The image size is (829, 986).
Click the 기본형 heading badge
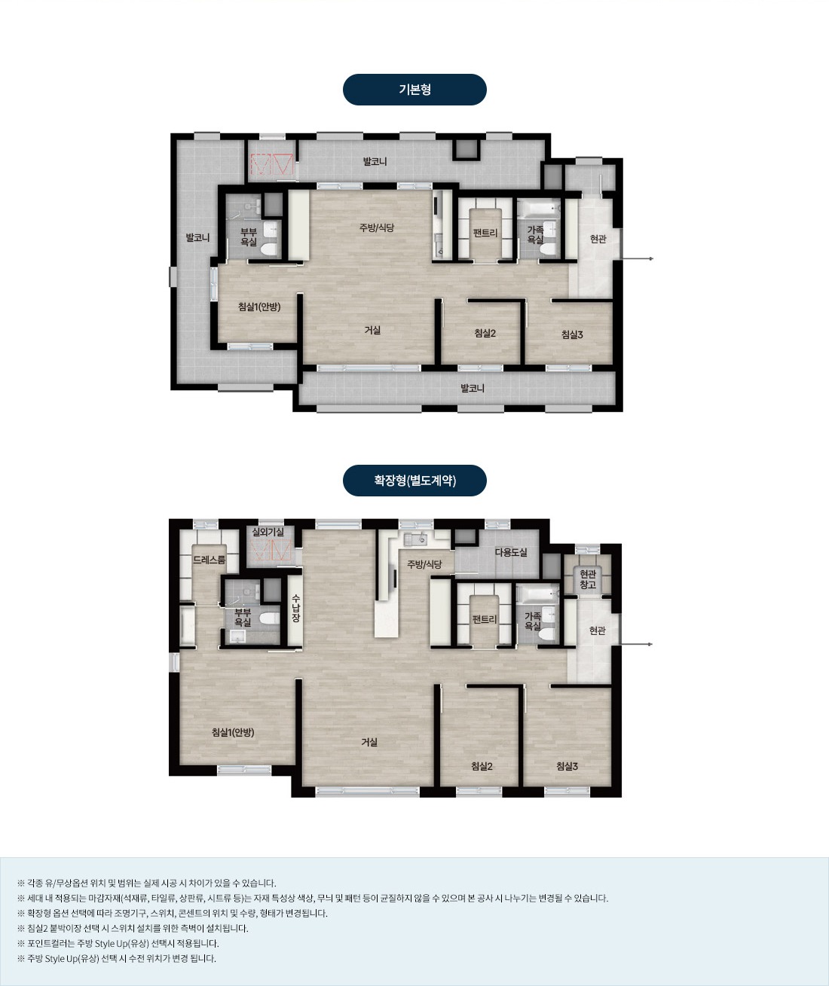pos(414,90)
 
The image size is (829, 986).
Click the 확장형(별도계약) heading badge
pos(414,481)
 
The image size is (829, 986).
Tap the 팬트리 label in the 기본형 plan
pos(485,233)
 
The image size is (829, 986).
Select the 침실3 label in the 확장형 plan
pos(567,766)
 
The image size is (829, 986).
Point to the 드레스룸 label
pos(209,560)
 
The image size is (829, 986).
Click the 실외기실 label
pos(268,532)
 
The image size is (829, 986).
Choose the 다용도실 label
pos(511,552)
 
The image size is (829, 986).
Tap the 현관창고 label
pos(588,579)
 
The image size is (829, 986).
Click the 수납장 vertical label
pos(296,608)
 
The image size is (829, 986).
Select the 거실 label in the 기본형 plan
pos(372,330)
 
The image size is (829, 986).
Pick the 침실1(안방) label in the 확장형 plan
pos(233,732)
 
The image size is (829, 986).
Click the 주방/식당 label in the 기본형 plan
pos(377,227)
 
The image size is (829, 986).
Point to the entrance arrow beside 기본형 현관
pos(637,259)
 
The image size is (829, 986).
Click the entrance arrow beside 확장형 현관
pos(636,644)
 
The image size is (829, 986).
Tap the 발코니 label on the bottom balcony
pos(473,388)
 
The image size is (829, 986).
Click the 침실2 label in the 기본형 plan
pos(485,333)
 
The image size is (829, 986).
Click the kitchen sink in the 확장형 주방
pos(415,539)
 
